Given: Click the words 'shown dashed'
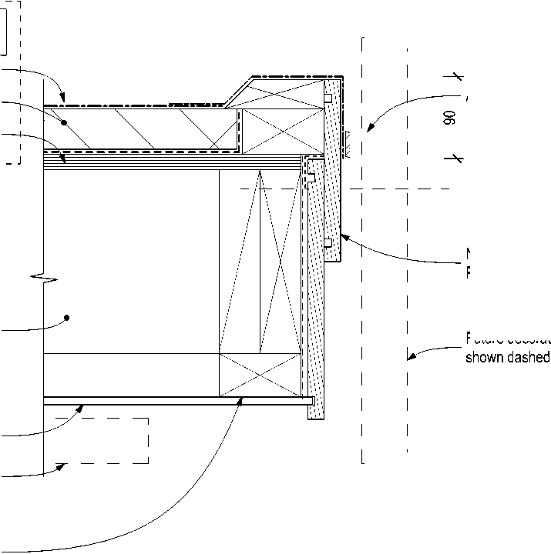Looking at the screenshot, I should (507, 358).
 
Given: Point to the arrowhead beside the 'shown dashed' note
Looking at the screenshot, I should (411, 356).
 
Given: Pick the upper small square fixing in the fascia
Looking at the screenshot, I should (328, 98).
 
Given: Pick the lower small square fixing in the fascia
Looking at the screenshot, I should (328, 242).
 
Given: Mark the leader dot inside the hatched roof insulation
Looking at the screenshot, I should (65, 122).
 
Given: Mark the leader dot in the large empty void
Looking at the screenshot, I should (67, 317).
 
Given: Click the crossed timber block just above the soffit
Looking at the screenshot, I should (260, 375).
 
